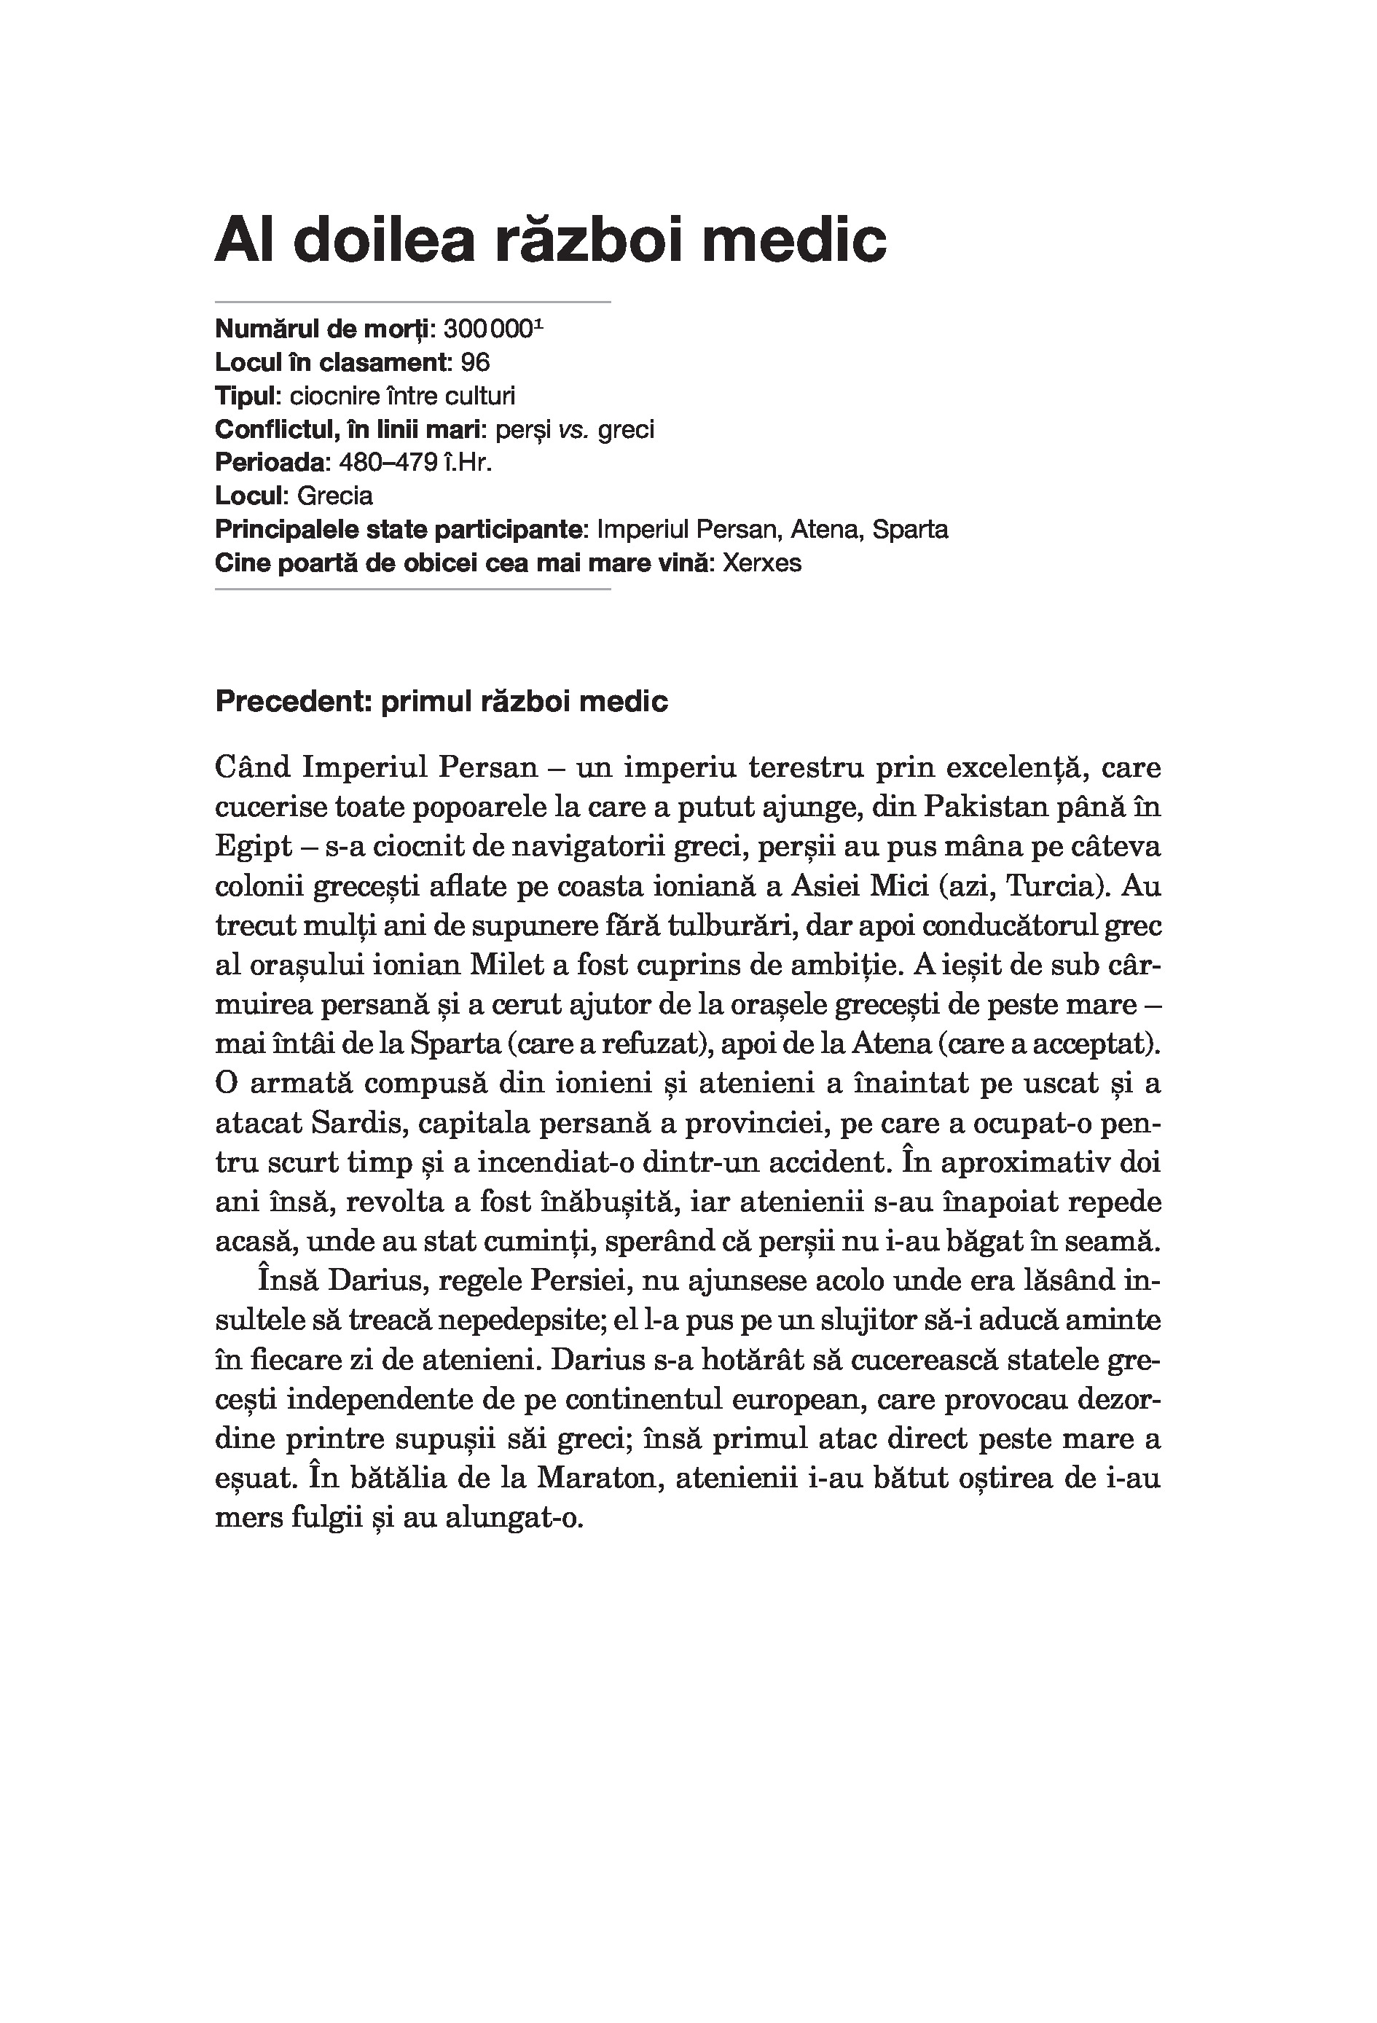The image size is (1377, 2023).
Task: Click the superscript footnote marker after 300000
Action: (x=539, y=324)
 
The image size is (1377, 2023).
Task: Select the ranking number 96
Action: (x=475, y=362)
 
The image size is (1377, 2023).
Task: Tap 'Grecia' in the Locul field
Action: (x=335, y=496)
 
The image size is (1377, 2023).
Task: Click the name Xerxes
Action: (x=761, y=563)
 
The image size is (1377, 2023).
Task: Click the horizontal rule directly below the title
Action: (x=412, y=302)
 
